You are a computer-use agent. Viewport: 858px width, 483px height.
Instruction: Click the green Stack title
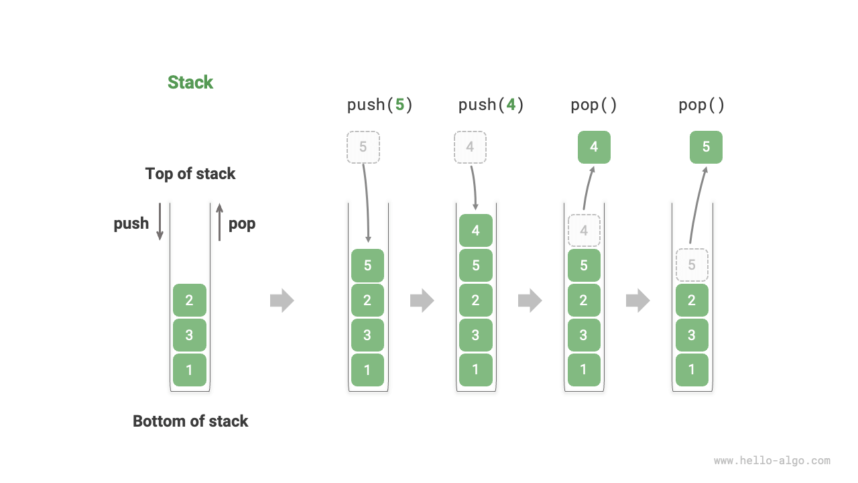190,83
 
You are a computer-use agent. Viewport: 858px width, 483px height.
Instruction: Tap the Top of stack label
190,174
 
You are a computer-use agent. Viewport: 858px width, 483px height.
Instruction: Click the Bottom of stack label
190,421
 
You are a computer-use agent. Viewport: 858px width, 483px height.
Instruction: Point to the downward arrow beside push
160,221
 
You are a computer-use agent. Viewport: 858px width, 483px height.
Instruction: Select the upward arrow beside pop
219,221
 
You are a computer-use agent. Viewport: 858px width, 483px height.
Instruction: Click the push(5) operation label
379,105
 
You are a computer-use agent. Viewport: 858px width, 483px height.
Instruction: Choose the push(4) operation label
491,105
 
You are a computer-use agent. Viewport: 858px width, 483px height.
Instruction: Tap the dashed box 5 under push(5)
363,147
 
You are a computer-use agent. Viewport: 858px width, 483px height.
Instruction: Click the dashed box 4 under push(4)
470,147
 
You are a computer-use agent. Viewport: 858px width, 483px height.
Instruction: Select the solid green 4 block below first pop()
594,147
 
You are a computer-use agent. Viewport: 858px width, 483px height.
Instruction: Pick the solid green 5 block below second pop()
706,147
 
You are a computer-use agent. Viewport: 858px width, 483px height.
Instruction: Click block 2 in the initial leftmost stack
189,300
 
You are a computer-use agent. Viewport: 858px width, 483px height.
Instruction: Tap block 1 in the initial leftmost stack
189,370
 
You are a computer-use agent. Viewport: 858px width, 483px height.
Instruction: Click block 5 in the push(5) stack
367,265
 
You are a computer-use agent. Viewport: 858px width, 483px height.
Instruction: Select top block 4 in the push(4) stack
475,230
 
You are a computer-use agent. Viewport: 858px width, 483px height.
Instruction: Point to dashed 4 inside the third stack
584,230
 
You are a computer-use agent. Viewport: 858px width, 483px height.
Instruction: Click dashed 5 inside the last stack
692,265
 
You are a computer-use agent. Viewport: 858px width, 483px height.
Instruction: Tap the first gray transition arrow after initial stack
282,300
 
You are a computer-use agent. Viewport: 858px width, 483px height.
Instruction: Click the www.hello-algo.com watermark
772,461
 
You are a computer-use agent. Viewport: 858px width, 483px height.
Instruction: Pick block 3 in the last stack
692,335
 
